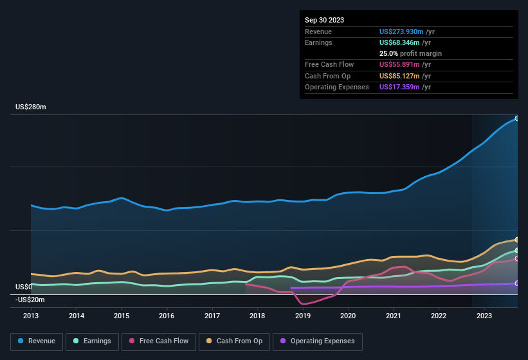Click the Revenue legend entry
(x=37, y=341)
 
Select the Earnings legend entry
(x=93, y=341)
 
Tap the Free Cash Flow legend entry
(x=159, y=341)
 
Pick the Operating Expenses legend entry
(x=318, y=341)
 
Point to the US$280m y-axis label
(x=31, y=107)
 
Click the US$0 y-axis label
(x=24, y=287)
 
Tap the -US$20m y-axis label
(x=30, y=300)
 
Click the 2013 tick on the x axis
(x=31, y=316)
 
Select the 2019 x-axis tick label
(x=303, y=316)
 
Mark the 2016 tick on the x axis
(x=167, y=316)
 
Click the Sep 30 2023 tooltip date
(x=324, y=20)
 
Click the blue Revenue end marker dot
(x=516, y=118)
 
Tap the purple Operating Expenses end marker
(x=516, y=283)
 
